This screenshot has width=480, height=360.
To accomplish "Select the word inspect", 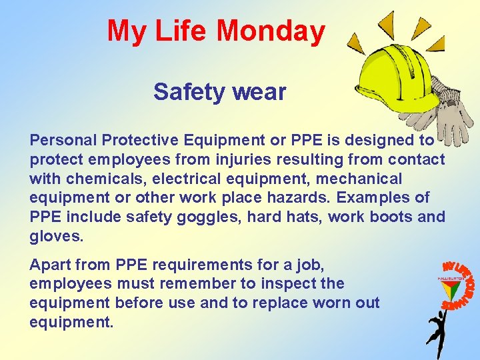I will point(285,283).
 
